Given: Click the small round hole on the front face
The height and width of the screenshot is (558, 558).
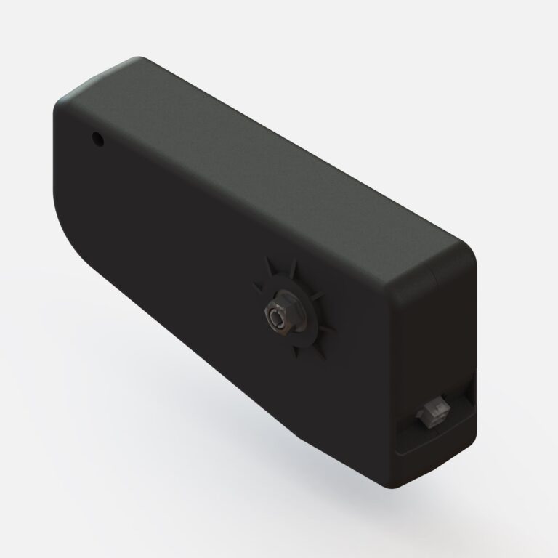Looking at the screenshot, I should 96,137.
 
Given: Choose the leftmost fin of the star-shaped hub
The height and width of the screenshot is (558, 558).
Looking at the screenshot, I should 256,285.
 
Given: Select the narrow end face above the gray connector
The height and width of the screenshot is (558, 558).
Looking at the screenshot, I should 436,334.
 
